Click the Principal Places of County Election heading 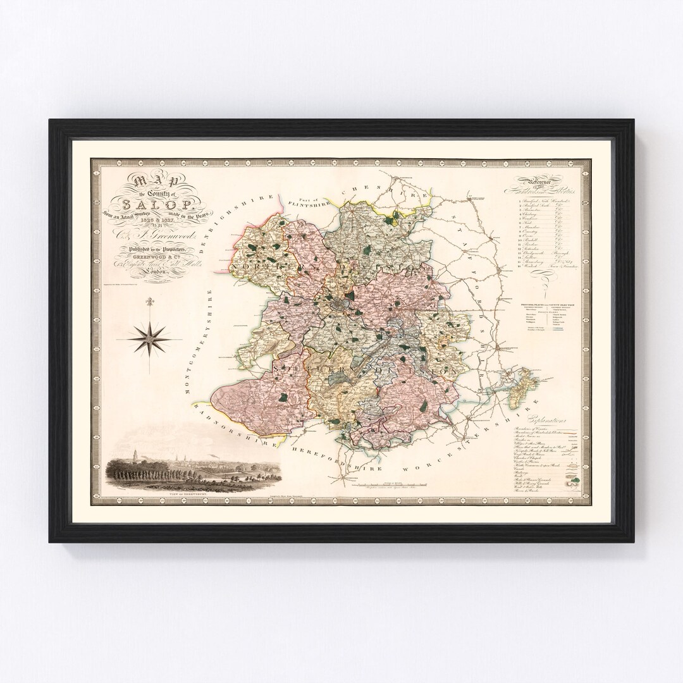coord(548,305)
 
